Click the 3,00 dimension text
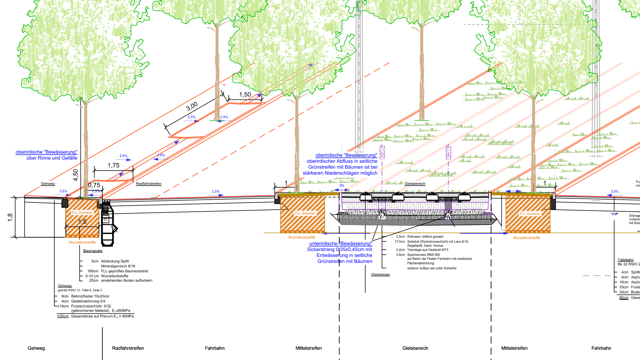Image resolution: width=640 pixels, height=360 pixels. pos(192,106)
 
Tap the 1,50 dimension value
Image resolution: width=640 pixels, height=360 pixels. pos(245,95)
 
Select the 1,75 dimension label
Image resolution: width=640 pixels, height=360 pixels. pos(113,166)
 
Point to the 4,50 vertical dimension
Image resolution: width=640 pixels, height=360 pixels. pos(76,175)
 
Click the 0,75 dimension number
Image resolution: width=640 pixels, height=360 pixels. pos(94,185)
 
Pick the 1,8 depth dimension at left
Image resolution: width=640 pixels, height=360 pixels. pos(10,217)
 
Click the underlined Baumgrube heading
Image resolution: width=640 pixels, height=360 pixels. pos(93,251)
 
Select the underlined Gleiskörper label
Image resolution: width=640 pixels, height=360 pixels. pos(380,275)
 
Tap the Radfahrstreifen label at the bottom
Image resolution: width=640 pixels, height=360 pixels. pos(128,348)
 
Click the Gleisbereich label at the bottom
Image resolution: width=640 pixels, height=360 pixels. pos(415,348)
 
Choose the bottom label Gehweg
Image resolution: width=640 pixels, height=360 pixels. pos(36,348)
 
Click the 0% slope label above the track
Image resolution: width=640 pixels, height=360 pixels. pos(342,186)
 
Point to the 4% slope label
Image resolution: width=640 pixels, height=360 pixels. pos(614,214)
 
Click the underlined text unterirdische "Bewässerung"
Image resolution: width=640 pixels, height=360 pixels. pos(341,244)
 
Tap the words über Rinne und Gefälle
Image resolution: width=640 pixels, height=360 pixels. pos(52,158)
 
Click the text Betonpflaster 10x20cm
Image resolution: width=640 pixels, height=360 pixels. pos(90,296)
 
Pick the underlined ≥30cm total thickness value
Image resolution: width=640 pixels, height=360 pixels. pos(63,316)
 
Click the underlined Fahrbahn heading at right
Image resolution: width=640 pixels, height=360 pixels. pos(626,260)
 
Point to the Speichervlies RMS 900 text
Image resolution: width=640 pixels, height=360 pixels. pos(423,255)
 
